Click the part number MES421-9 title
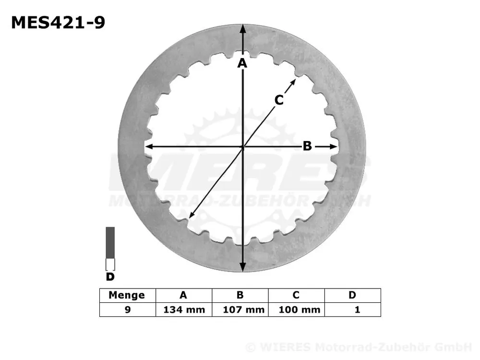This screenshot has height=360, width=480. [x=58, y=22]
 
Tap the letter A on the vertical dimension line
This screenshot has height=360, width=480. [x=242, y=63]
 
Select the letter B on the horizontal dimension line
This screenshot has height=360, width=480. [x=307, y=146]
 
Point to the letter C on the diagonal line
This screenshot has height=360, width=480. [x=279, y=100]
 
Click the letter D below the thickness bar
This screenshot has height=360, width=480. [x=110, y=276]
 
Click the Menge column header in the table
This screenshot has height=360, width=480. [x=127, y=295]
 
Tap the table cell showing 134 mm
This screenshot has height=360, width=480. [x=184, y=310]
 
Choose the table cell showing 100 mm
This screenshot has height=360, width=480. [x=296, y=310]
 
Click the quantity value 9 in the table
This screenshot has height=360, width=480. [x=127, y=310]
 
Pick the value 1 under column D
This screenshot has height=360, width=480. [x=357, y=310]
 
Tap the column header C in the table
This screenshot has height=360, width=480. [x=296, y=295]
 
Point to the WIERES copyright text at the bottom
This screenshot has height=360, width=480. [x=358, y=348]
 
